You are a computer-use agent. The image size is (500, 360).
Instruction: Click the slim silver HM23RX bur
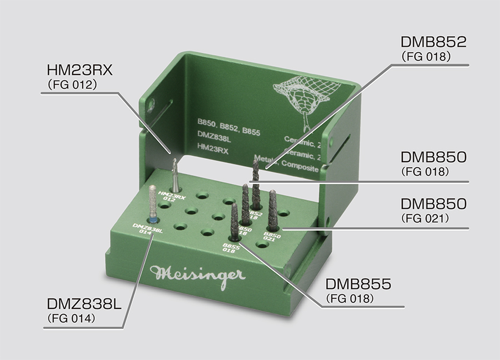pos(175,174)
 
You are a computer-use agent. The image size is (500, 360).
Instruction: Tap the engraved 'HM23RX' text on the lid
pos(212,149)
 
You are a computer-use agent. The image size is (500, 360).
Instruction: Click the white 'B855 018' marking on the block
pos(230,248)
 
